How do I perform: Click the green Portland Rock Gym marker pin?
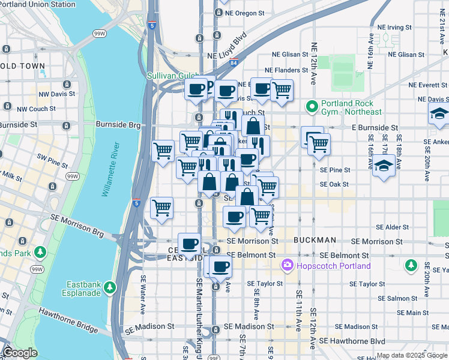pyautogui.click(x=312, y=107)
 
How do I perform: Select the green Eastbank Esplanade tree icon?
pyautogui.click(x=109, y=287)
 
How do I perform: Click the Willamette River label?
pyautogui.click(x=111, y=170)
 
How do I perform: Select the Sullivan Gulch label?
pyautogui.click(x=173, y=76)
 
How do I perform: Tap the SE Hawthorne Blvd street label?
pyautogui.click(x=353, y=341)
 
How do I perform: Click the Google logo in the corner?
pyautogui.click(x=20, y=353)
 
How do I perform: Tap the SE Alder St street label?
pyautogui.click(x=392, y=227)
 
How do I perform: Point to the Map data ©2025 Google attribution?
pyautogui.click(x=412, y=355)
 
